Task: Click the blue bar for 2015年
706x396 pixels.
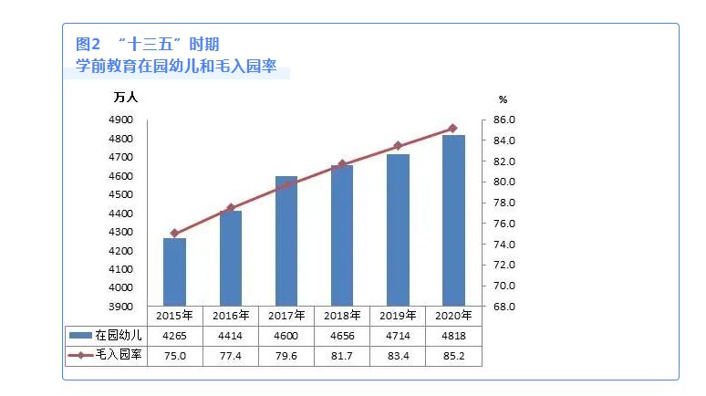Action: point(174,272)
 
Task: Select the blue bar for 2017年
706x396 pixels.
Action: point(286,241)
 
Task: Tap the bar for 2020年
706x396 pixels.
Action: point(453,220)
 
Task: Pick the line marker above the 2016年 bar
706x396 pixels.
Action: point(231,208)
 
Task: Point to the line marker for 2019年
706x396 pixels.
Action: point(398,146)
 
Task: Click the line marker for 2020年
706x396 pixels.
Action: point(453,129)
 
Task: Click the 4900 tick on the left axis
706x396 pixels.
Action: point(121,120)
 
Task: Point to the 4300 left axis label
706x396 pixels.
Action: point(121,233)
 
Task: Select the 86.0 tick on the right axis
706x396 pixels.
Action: point(505,120)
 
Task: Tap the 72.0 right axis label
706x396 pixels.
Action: point(505,265)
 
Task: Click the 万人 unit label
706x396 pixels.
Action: point(126,98)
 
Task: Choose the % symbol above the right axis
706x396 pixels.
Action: point(503,99)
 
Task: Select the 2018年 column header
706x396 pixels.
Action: point(342,316)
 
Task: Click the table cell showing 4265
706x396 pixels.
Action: point(174,336)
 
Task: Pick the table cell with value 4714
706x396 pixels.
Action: point(398,336)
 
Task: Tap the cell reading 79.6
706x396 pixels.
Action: point(286,355)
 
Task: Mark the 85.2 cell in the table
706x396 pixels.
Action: point(453,355)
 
